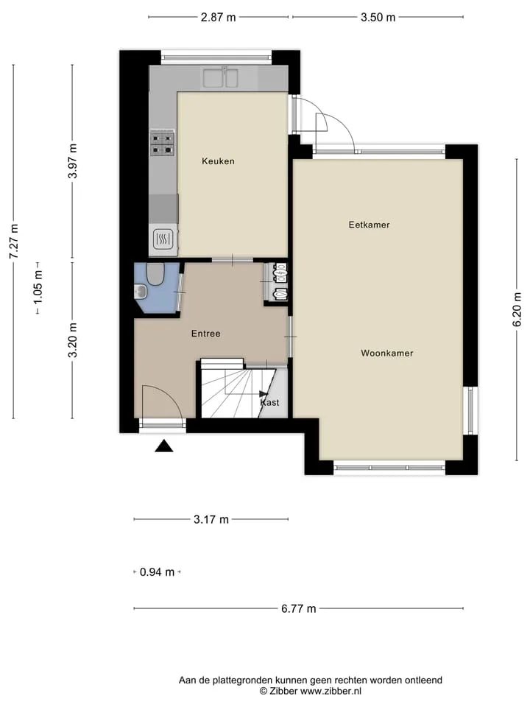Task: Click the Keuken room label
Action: (x=218, y=161)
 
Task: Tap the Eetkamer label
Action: (x=369, y=225)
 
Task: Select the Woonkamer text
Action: (x=387, y=353)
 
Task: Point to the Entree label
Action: (x=206, y=334)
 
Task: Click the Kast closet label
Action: (x=270, y=402)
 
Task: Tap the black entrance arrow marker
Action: (x=164, y=446)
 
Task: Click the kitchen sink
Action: (x=220, y=77)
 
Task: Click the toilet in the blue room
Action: (x=155, y=274)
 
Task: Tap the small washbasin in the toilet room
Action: (x=141, y=292)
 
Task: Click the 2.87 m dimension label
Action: (x=218, y=17)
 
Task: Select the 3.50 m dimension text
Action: (x=378, y=17)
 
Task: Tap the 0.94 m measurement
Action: (x=157, y=572)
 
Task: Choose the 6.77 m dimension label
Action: (x=299, y=609)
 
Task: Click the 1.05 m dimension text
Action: (x=38, y=287)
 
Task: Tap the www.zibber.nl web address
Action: (x=331, y=691)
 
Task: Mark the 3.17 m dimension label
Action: (x=211, y=519)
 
